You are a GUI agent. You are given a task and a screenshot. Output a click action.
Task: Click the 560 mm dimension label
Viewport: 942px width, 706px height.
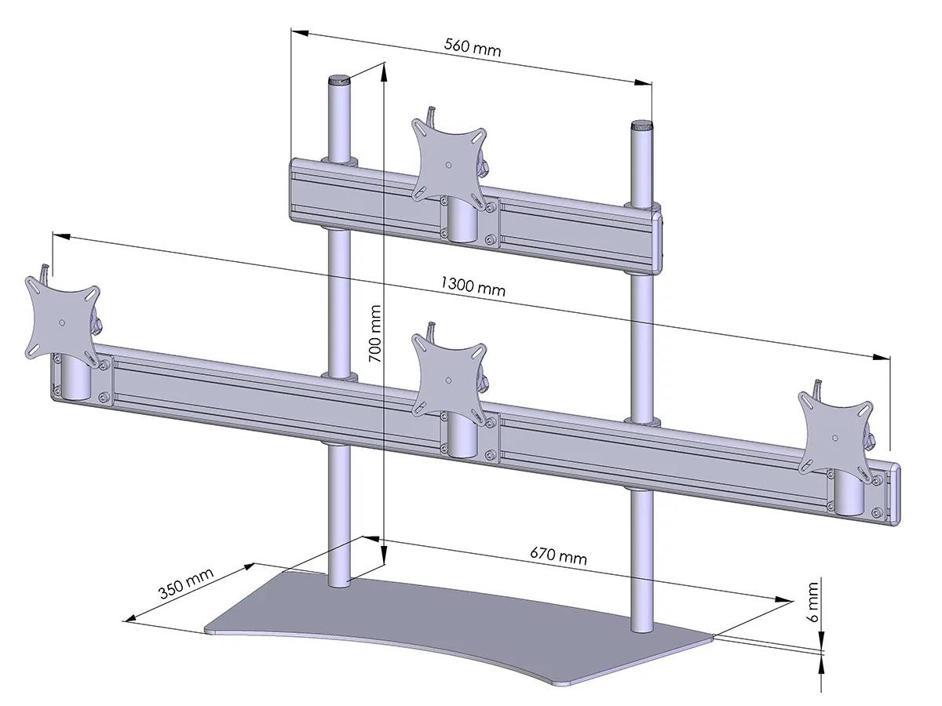click(473, 47)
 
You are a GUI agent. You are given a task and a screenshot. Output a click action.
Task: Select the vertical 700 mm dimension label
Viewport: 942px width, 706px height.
click(375, 333)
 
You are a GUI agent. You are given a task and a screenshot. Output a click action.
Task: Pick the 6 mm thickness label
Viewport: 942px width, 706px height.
click(813, 602)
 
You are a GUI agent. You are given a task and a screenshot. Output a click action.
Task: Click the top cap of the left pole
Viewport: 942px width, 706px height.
click(338, 80)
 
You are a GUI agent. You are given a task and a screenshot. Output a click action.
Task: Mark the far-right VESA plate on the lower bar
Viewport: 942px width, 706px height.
click(834, 428)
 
